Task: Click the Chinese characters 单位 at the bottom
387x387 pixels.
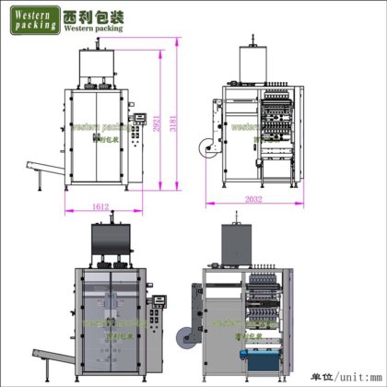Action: (x=320, y=376)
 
